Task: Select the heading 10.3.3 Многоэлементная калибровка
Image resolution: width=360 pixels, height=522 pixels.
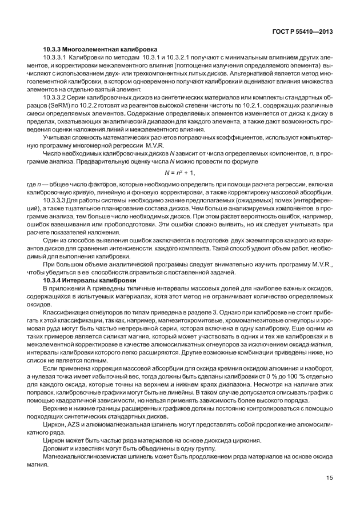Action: click(x=101, y=50)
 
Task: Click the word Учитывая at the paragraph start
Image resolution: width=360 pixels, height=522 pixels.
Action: click(x=58, y=139)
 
